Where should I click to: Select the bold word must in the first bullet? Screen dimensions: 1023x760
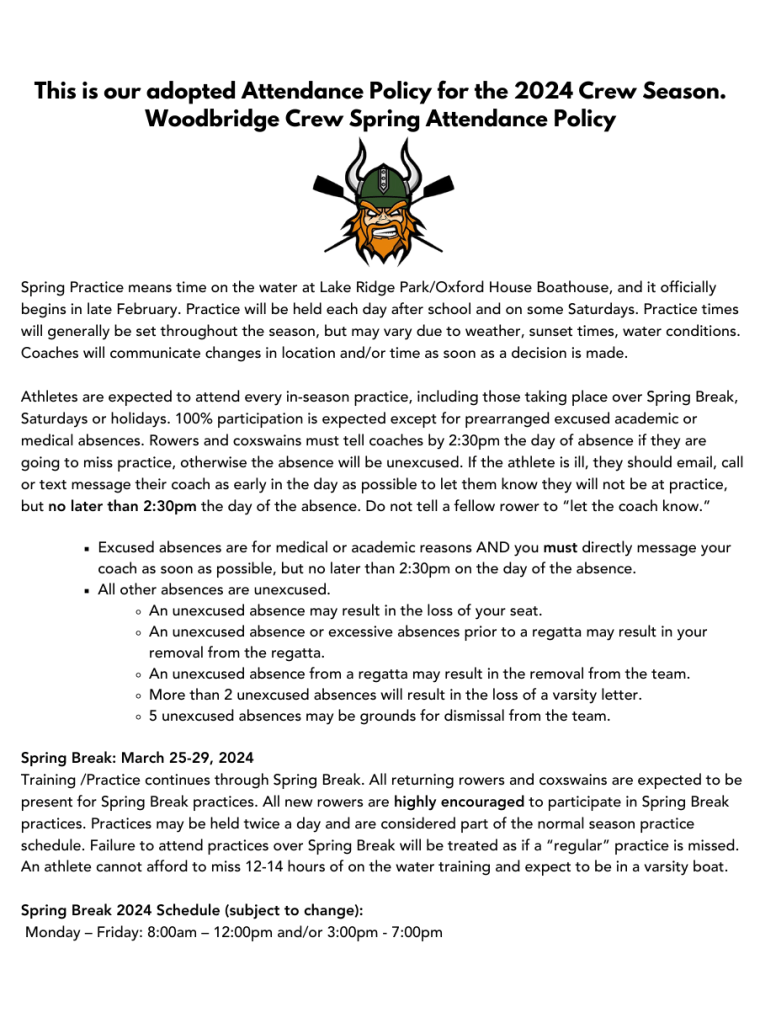click(x=558, y=548)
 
